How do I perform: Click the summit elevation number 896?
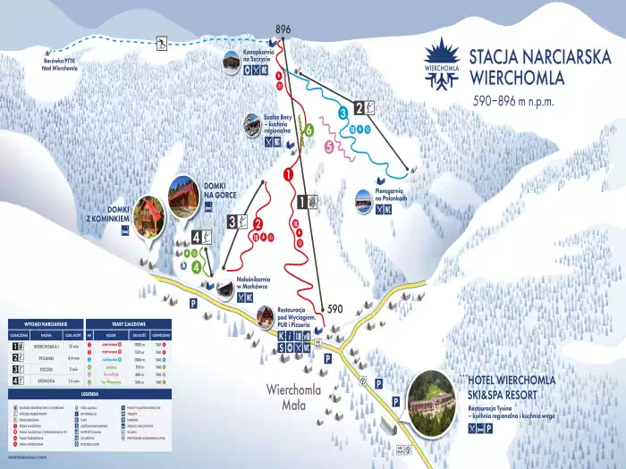283,29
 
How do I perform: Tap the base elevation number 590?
334,309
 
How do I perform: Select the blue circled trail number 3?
343,113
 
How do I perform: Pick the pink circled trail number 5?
330,146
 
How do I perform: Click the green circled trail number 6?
309,130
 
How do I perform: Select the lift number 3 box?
237,222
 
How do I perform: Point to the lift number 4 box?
201,238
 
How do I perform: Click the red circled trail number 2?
258,224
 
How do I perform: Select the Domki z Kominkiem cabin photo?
150,219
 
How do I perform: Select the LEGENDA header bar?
89,392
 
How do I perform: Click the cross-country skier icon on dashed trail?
162,42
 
